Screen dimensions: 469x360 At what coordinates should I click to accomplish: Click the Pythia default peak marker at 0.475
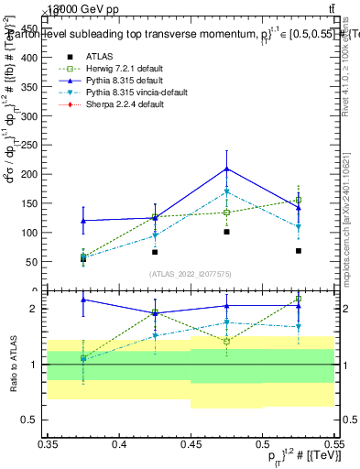226,169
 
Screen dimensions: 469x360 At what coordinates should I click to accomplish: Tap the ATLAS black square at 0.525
298,250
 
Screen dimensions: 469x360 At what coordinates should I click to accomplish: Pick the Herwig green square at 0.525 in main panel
298,200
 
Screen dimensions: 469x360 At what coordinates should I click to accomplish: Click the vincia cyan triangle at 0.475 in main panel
226,192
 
